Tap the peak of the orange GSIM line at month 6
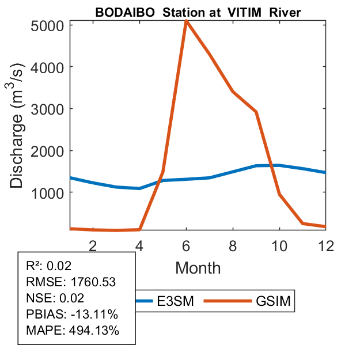click(186, 21)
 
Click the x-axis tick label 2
click(93, 245)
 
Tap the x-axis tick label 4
click(139, 245)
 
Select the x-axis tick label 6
click(186, 245)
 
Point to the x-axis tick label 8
click(233, 245)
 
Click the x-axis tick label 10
click(279, 245)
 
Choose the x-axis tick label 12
click(325, 245)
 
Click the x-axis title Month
click(198, 267)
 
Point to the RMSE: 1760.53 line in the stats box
click(71, 282)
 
